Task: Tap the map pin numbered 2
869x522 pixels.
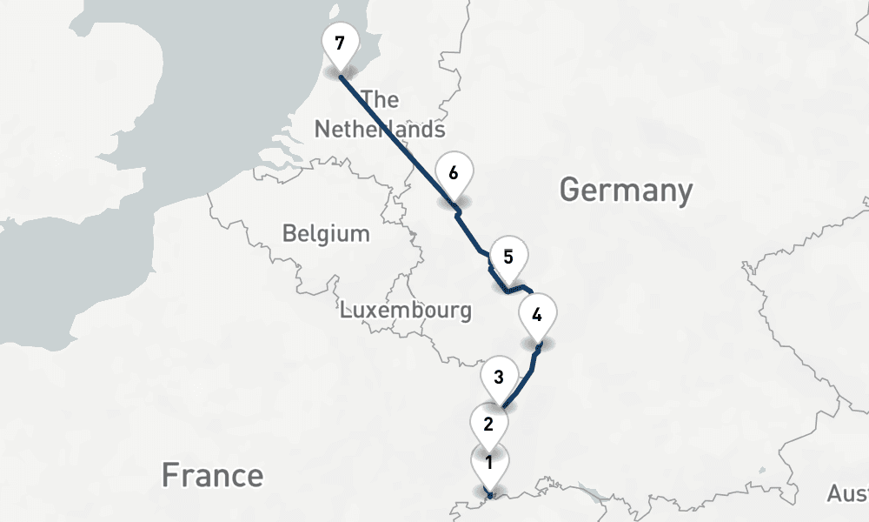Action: [488, 425]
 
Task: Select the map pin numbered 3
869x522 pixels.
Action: [499, 378]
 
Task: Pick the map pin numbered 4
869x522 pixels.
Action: [537, 316]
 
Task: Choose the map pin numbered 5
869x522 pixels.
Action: [508, 258]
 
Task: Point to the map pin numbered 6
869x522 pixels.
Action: [454, 173]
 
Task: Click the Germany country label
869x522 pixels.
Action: [626, 190]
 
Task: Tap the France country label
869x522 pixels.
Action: [212, 475]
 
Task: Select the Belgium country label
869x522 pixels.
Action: [326, 234]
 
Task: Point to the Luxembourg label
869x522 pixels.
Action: [406, 311]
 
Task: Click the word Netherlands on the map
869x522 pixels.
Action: [380, 130]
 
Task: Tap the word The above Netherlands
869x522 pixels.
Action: [381, 99]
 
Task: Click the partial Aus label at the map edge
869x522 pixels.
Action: [847, 494]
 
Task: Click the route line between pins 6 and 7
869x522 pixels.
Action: [395, 139]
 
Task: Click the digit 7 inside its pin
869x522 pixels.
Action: [339, 42]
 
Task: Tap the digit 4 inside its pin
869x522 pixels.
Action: [537, 314]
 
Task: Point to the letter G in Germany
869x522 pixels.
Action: [570, 190]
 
